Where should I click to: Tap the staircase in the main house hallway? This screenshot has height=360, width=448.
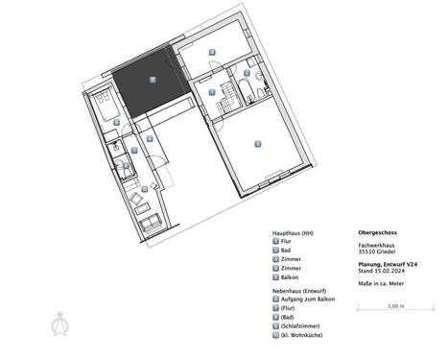click(x=227, y=95)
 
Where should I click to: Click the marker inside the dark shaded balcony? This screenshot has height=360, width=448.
click(x=152, y=82)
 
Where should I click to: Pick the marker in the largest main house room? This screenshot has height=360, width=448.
click(x=257, y=144)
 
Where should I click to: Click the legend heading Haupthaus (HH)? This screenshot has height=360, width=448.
click(x=293, y=233)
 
